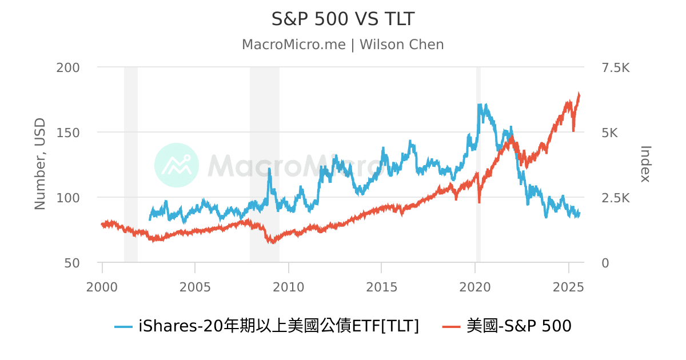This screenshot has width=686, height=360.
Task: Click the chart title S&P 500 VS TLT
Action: [342, 19]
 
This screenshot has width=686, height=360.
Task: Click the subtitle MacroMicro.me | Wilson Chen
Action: [342, 45]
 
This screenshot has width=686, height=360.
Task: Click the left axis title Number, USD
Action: [40, 165]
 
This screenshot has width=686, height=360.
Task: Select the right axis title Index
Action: [645, 164]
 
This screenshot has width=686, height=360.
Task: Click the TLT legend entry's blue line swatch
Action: [123, 327]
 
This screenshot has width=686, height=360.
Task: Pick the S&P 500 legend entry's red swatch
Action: [452, 327]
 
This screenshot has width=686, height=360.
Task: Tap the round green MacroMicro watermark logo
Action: [177, 165]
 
